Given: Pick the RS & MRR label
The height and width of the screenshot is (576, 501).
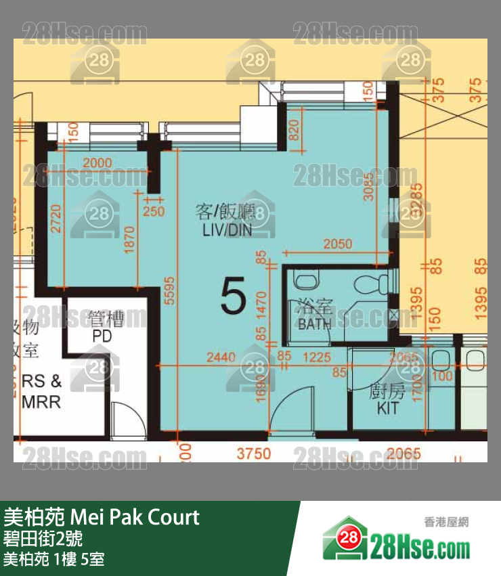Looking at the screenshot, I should pyautogui.click(x=42, y=391).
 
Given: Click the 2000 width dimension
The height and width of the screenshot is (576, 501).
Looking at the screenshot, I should pyautogui.click(x=100, y=162).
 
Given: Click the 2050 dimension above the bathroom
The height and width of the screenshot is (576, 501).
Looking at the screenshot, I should pyautogui.click(x=336, y=244).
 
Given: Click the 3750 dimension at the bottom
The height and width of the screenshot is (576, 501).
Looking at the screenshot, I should pyautogui.click(x=253, y=453).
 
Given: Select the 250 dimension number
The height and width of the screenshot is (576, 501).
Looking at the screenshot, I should pyautogui.click(x=154, y=211).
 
